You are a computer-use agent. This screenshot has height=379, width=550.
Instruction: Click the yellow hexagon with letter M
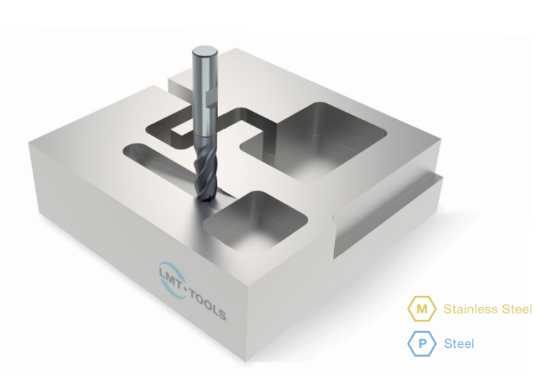click(422, 309)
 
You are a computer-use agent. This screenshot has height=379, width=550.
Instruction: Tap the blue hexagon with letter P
click(422, 344)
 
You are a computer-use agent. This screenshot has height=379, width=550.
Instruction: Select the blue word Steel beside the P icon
click(459, 344)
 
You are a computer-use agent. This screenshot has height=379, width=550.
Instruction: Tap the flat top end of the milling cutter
click(205, 51)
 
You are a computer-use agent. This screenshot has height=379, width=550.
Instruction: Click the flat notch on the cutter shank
click(211, 98)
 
